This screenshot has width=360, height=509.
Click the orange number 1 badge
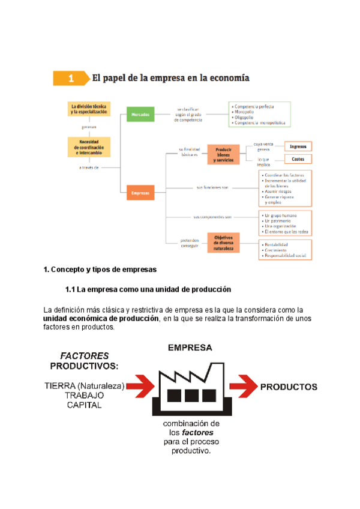71,78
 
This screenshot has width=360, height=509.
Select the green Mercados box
142,114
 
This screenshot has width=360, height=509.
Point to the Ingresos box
298,146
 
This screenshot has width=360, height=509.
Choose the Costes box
298,159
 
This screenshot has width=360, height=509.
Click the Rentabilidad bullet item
277,244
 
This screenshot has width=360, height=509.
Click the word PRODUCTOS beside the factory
289,387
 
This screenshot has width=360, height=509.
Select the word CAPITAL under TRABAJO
84,405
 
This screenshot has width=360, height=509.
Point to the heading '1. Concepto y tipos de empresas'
100,269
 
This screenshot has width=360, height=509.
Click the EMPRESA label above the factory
190,348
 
